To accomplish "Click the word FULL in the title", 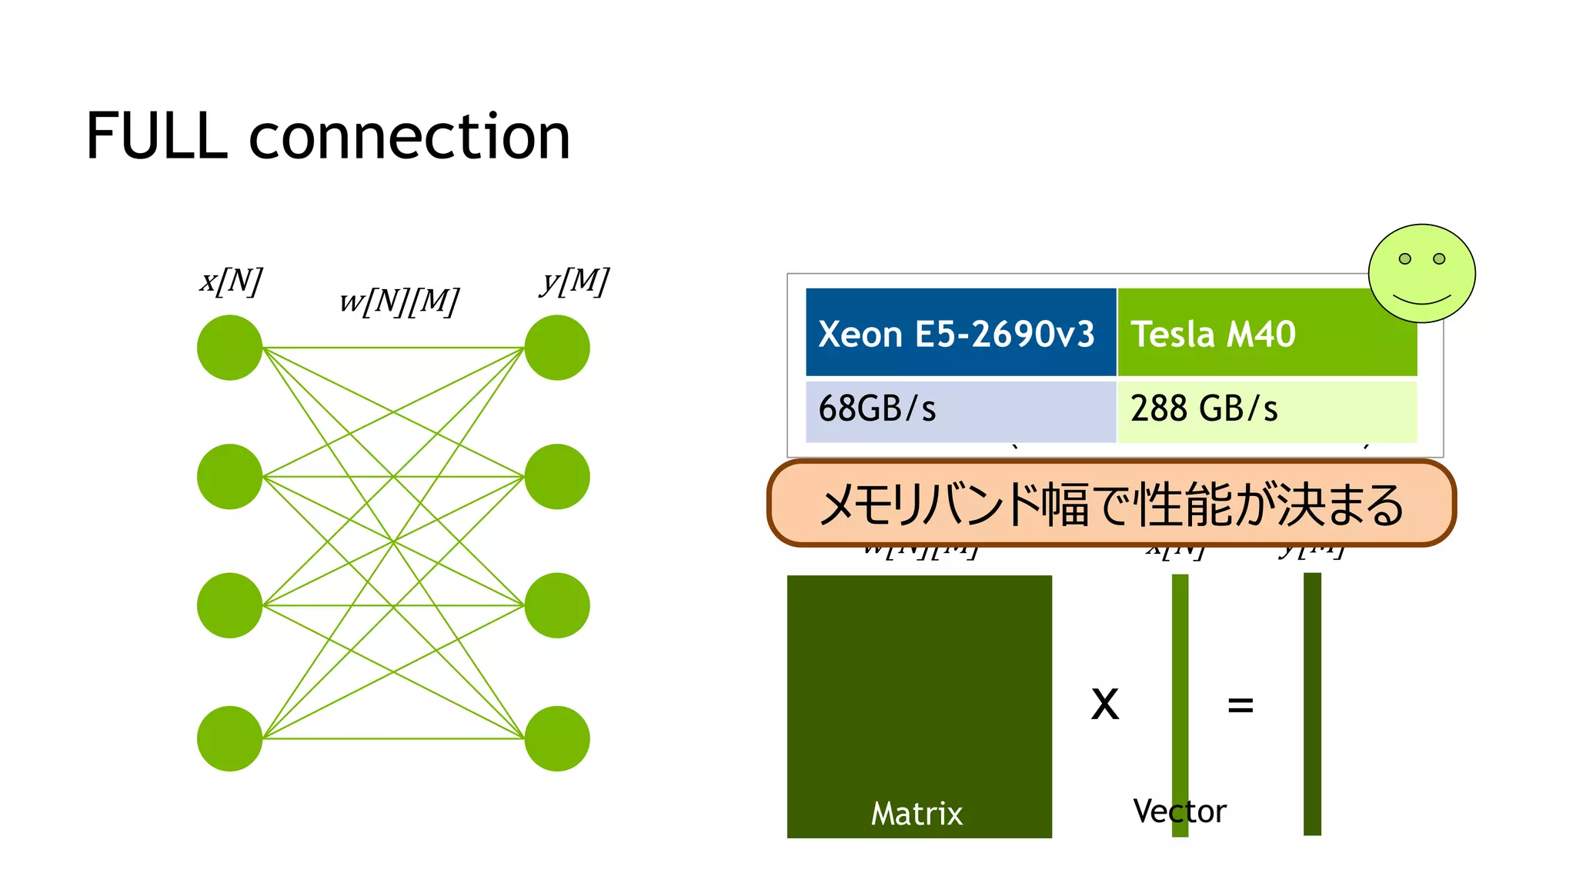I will tap(157, 136).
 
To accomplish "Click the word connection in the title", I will tap(409, 136).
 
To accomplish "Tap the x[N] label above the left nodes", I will tap(231, 281).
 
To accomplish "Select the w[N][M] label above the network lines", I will tap(399, 301).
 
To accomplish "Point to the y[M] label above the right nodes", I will tap(574, 281).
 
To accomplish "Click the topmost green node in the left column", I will tap(229, 348).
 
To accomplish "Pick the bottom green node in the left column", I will tap(229, 738).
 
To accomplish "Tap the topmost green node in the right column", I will tap(557, 348).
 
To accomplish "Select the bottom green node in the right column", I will tap(557, 738).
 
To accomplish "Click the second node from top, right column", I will tap(557, 477).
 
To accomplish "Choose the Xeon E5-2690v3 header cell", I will tap(960, 333).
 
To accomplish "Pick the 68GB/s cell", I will tap(960, 409).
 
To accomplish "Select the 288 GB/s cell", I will tap(1266, 409).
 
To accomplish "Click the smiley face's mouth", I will tap(1421, 299).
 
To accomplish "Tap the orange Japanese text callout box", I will tap(1111, 504).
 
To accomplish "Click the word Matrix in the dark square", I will tap(917, 814).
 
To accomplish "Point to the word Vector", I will tap(1179, 811).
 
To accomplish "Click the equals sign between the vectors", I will tap(1240, 704).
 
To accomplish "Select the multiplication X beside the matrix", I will tap(1105, 704).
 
